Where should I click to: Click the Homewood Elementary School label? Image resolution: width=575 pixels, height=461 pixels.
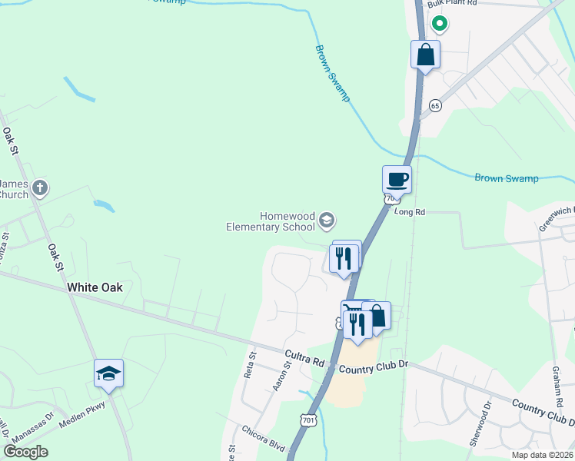click(x=271, y=221)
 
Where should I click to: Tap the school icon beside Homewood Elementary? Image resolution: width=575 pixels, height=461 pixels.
click(x=327, y=221)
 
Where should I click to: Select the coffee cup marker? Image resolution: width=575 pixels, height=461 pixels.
click(x=397, y=180)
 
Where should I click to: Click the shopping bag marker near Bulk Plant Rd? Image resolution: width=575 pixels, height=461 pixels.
click(x=425, y=55)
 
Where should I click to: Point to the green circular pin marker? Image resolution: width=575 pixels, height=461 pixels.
click(x=440, y=24)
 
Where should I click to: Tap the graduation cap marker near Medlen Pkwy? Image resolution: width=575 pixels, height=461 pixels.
click(x=108, y=374)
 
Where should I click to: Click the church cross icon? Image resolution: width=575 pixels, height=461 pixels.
click(x=40, y=187)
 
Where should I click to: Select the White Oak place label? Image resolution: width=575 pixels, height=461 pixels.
click(x=95, y=287)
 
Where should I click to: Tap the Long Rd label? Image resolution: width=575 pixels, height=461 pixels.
click(x=409, y=212)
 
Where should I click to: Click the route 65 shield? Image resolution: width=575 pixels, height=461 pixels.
click(x=436, y=104)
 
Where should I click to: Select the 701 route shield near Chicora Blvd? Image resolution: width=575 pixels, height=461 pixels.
click(x=308, y=420)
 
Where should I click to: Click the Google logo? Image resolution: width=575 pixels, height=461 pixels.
click(x=25, y=452)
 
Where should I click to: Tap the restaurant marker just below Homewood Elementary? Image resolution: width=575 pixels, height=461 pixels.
click(x=344, y=257)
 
